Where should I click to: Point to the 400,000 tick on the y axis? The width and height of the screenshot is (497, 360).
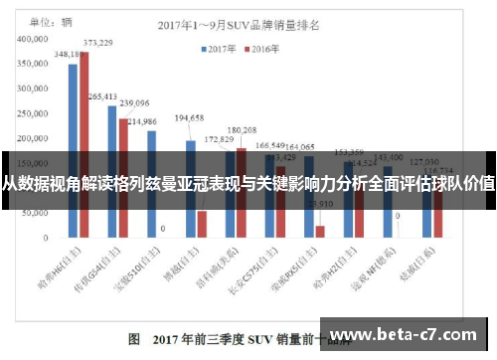coord(38,38)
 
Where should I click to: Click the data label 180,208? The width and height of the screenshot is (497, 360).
coord(242,130)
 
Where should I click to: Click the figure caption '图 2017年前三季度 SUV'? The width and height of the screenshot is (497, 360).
coord(199,339)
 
